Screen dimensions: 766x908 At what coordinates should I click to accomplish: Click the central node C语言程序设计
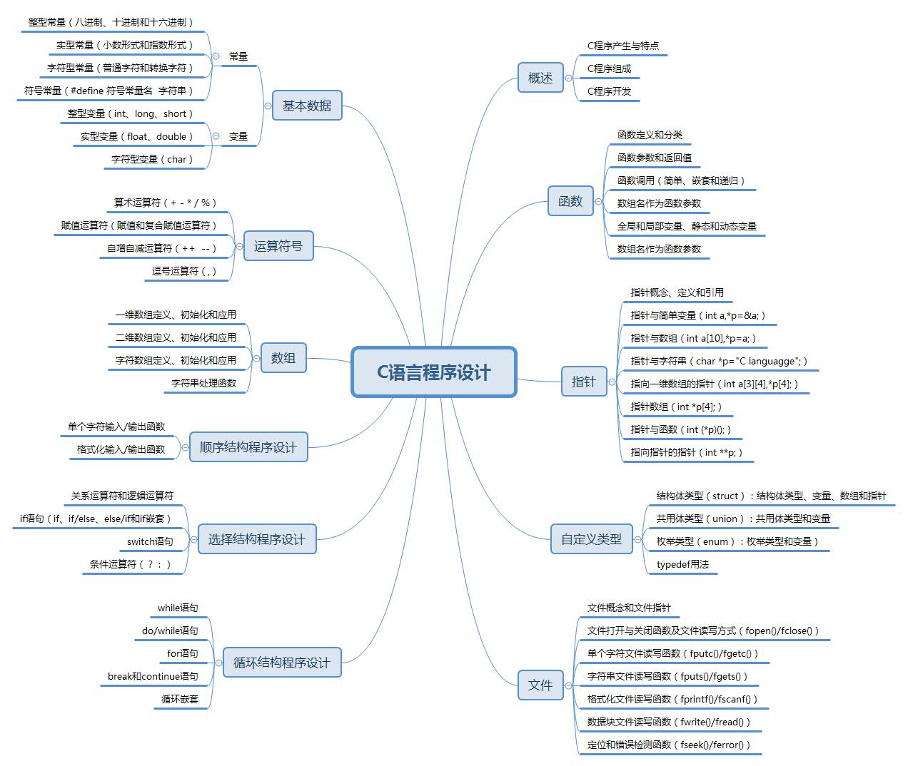pos(433,372)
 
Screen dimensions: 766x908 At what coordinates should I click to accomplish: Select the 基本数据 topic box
pos(307,106)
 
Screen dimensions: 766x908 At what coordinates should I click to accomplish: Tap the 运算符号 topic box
pos(278,246)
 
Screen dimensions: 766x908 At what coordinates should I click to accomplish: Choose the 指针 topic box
pos(583,382)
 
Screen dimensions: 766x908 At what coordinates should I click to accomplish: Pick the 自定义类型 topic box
pos(591,539)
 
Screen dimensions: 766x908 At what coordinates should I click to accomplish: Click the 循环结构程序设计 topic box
pos(281,663)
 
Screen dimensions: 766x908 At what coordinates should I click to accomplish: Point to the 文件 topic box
pos(540,685)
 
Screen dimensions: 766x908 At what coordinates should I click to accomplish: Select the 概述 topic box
pos(540,78)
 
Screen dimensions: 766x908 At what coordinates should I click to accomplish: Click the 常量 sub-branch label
pos(238,56)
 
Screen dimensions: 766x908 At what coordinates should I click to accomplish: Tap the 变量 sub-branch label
pos(238,136)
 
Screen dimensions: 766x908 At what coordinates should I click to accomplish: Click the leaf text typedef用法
pos(682,564)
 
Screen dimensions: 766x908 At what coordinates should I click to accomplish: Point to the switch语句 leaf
pos(150,541)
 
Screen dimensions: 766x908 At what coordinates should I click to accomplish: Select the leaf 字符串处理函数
pos(203,383)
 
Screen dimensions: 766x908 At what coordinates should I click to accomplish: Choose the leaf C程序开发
pos(609,91)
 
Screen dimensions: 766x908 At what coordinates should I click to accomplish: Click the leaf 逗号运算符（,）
pos(183,271)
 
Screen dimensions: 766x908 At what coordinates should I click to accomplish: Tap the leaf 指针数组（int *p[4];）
pos(676,407)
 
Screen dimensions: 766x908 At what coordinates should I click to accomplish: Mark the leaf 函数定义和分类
pos(650,135)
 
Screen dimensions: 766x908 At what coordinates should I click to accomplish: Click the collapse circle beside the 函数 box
pos(598,202)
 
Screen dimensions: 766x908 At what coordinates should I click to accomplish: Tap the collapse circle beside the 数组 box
pos(257,358)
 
